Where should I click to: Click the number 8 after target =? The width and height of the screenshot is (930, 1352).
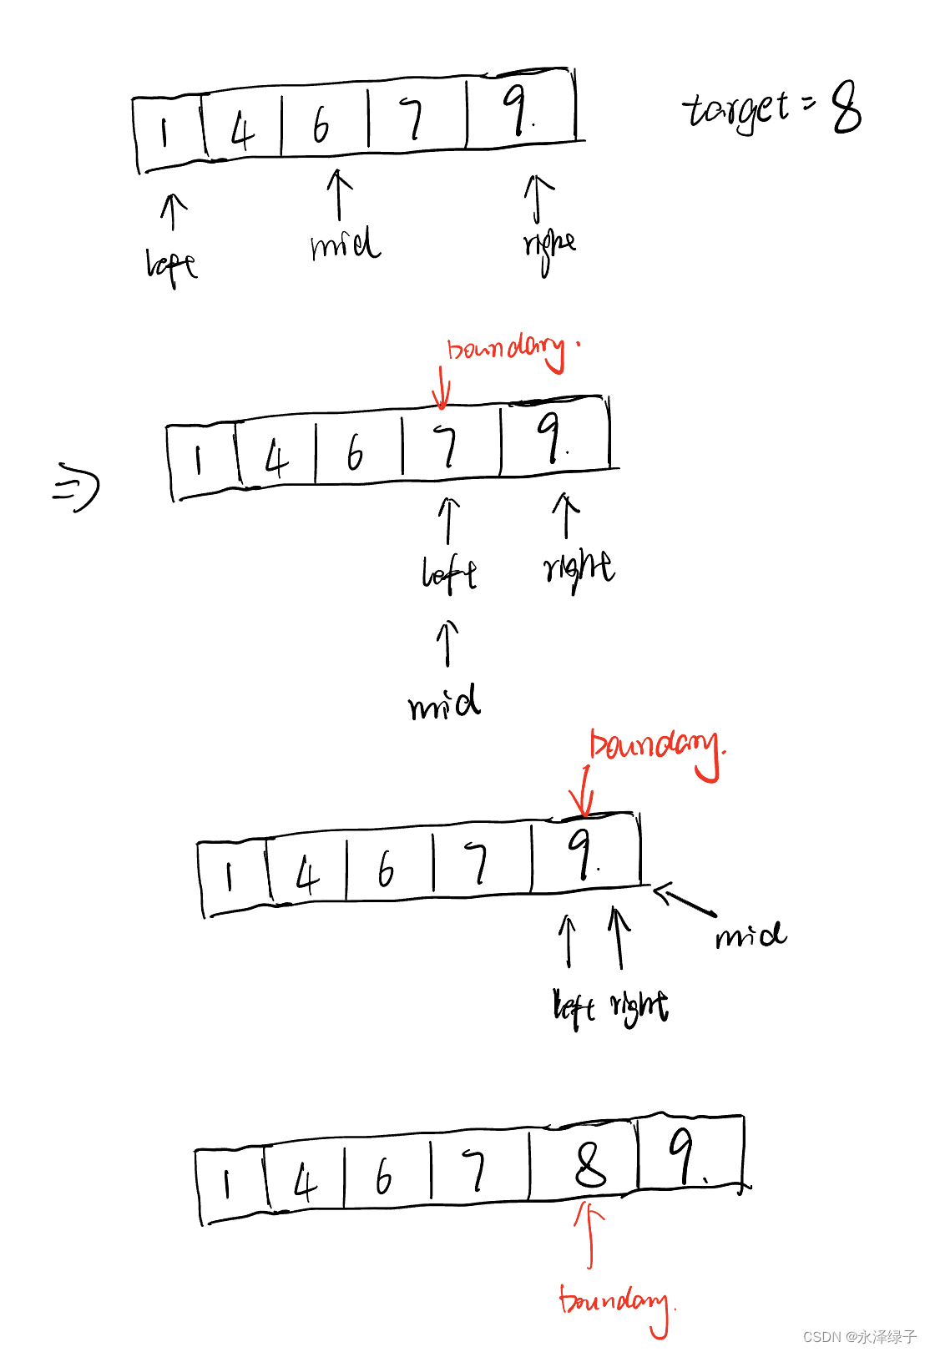(x=847, y=108)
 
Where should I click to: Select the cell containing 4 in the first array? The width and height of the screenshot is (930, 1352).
(x=242, y=127)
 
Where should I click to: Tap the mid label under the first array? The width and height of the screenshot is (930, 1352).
(x=345, y=244)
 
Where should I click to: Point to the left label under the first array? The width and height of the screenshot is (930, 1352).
(x=171, y=266)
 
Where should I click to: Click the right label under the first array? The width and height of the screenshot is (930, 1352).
(x=549, y=247)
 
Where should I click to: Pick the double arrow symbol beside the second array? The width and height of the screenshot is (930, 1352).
(x=76, y=489)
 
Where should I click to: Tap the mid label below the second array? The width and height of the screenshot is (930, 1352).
(x=445, y=703)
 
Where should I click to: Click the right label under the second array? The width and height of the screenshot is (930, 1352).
(x=579, y=568)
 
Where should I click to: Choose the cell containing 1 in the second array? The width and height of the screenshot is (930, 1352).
(x=200, y=460)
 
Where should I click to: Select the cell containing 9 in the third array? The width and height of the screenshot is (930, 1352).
(x=584, y=855)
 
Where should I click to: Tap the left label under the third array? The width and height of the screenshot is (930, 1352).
(x=573, y=1007)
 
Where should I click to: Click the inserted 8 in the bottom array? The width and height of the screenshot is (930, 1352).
(x=590, y=1164)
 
